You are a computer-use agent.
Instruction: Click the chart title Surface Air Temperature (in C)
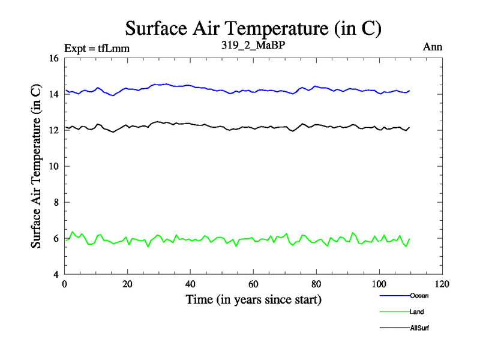(253, 28)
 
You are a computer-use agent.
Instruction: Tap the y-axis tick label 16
(53, 58)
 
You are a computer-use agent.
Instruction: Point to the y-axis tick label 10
(53, 166)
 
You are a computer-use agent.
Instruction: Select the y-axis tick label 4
(56, 274)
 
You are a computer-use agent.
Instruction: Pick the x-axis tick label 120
(442, 284)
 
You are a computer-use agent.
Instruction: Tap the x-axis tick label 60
(253, 284)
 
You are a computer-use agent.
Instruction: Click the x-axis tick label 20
(127, 284)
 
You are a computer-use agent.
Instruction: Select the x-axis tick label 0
(64, 284)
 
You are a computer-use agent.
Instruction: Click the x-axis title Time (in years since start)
(253, 299)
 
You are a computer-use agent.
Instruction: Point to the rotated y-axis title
(37, 166)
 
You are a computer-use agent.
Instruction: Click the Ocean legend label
(419, 295)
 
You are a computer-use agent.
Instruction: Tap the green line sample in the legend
(394, 311)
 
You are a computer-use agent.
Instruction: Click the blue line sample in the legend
(394, 295)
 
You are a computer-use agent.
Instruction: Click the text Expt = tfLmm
(97, 48)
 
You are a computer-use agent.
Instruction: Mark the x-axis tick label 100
(379, 284)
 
